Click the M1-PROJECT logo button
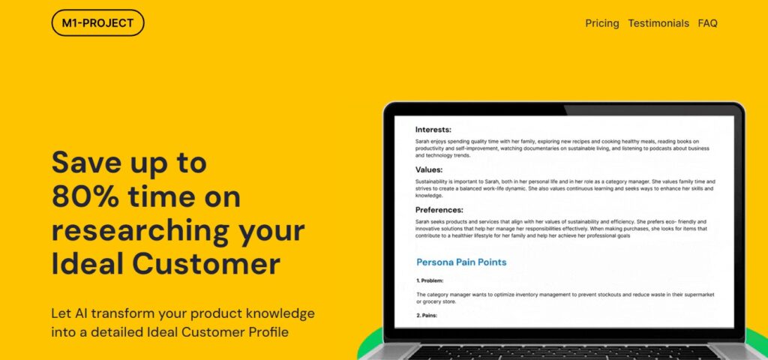click(98, 23)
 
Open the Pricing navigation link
click(602, 23)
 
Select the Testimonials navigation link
click(658, 23)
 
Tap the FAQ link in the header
click(708, 23)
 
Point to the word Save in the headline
click(86, 163)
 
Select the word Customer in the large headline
click(206, 264)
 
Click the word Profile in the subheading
click(268, 332)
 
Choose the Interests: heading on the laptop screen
click(433, 130)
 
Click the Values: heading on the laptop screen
click(429, 170)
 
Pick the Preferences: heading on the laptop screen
click(439, 210)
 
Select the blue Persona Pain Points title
click(461, 262)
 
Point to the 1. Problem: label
click(430, 280)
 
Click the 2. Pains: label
click(427, 316)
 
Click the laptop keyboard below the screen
click(563, 353)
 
